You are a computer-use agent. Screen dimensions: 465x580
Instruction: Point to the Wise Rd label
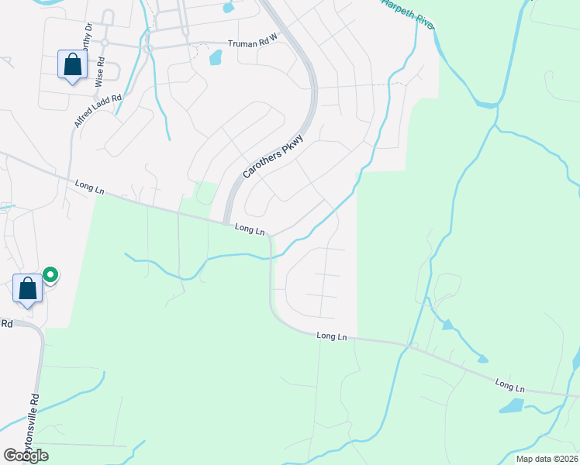(100, 76)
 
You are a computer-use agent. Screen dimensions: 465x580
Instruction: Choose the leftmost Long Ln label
(91, 187)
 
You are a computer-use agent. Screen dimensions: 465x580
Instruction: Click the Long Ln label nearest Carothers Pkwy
(250, 229)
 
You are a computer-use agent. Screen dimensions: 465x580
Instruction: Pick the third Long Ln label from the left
(332, 336)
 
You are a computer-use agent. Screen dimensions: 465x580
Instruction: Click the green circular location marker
(50, 274)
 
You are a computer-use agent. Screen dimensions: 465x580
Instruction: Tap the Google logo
(26, 456)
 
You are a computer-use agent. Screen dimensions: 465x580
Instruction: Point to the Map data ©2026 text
(546, 458)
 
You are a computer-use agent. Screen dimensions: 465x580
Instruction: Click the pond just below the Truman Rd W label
(216, 57)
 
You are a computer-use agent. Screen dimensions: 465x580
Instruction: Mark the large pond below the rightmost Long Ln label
(511, 405)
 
